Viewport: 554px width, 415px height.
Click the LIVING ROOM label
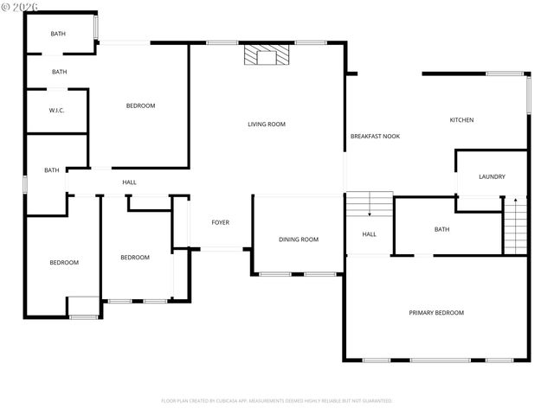pos(266,124)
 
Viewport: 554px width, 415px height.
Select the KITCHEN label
pos(461,120)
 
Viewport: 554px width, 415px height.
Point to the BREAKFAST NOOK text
pos(375,137)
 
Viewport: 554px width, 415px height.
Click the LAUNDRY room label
pos(492,177)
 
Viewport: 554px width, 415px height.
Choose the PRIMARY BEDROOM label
pos(436,313)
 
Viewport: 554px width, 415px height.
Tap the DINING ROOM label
pos(299,239)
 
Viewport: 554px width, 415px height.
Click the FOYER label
pos(221,223)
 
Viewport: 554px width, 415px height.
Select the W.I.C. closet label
pos(57,111)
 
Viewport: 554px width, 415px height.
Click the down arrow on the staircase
pos(370,211)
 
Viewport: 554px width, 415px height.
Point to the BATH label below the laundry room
pos(441,230)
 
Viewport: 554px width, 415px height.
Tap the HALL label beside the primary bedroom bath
pos(369,234)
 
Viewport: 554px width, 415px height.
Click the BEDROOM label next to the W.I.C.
pos(140,106)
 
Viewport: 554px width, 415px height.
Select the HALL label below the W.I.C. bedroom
pos(129,182)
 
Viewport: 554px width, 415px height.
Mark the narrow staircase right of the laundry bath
pos(515,226)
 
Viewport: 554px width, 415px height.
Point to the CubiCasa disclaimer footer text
pos(277,401)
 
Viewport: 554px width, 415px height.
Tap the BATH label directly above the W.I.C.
pos(59,73)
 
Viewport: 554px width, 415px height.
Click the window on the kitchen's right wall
pos(527,95)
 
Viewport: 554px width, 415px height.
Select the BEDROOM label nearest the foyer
pos(134,258)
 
